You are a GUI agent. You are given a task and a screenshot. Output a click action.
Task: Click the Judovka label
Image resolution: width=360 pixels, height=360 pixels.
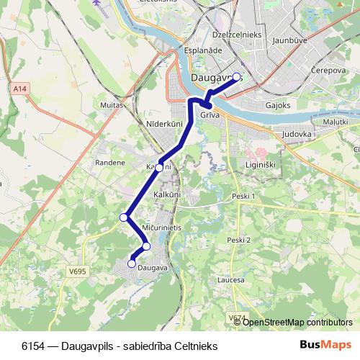pyautogui.click(x=297, y=134)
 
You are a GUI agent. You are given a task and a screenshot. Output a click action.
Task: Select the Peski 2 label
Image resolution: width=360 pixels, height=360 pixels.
pyautogui.click(x=238, y=240)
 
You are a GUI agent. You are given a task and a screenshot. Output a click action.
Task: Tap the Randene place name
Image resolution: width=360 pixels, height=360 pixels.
pyautogui.click(x=109, y=163)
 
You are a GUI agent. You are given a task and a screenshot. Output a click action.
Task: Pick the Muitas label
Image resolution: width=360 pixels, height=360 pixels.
pyautogui.click(x=112, y=104)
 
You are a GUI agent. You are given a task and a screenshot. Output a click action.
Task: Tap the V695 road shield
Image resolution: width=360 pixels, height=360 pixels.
pyautogui.click(x=78, y=272)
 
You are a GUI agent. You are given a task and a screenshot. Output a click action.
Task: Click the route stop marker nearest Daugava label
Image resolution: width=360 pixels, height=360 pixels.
pyautogui.click(x=132, y=264)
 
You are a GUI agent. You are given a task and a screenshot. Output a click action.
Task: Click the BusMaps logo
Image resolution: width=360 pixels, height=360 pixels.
pyautogui.click(x=325, y=345)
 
